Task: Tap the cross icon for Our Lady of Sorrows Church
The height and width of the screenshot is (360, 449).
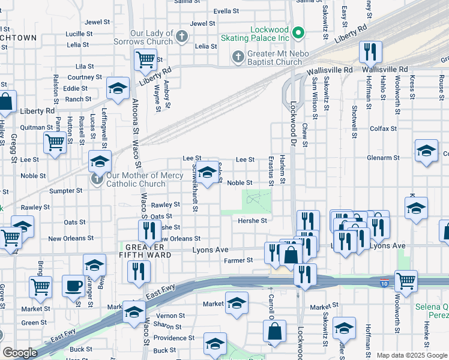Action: pyautogui.click(x=182, y=37)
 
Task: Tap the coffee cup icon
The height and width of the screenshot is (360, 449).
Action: pyautogui.click(x=74, y=286)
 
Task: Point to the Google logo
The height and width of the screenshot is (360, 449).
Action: pyautogui.click(x=19, y=353)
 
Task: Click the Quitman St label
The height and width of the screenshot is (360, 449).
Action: pyautogui.click(x=37, y=127)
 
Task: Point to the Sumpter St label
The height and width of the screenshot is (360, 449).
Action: pyautogui.click(x=66, y=190)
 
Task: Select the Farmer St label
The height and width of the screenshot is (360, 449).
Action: pyautogui.click(x=239, y=260)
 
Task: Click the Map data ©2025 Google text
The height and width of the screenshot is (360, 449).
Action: pyautogui.click(x=411, y=355)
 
